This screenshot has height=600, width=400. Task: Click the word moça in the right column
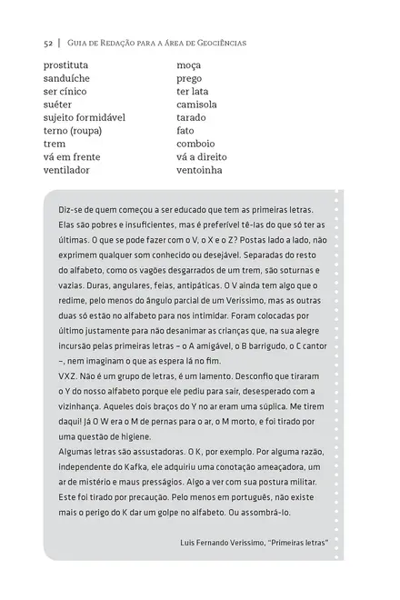(x=188, y=65)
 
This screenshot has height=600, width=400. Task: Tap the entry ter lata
(x=192, y=91)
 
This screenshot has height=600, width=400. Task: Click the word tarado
(x=192, y=117)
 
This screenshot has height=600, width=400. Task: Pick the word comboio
(x=195, y=144)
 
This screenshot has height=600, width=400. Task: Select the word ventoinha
(x=199, y=169)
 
